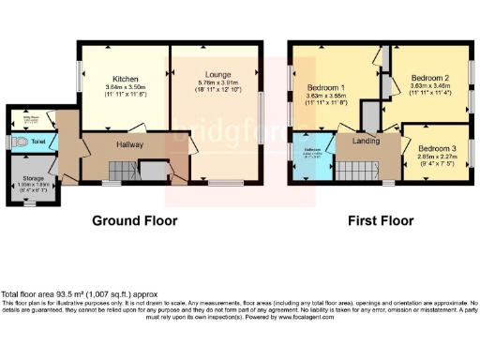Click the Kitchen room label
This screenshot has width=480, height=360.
[126, 79]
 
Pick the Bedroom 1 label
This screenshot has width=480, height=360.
[326, 90]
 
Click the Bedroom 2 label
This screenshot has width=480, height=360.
[433, 78]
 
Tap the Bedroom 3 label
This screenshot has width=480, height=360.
[437, 148]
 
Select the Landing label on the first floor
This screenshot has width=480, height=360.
[366, 141]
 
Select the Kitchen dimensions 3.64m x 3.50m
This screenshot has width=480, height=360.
[126, 89]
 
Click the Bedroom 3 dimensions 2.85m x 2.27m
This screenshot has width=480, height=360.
[437, 157]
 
